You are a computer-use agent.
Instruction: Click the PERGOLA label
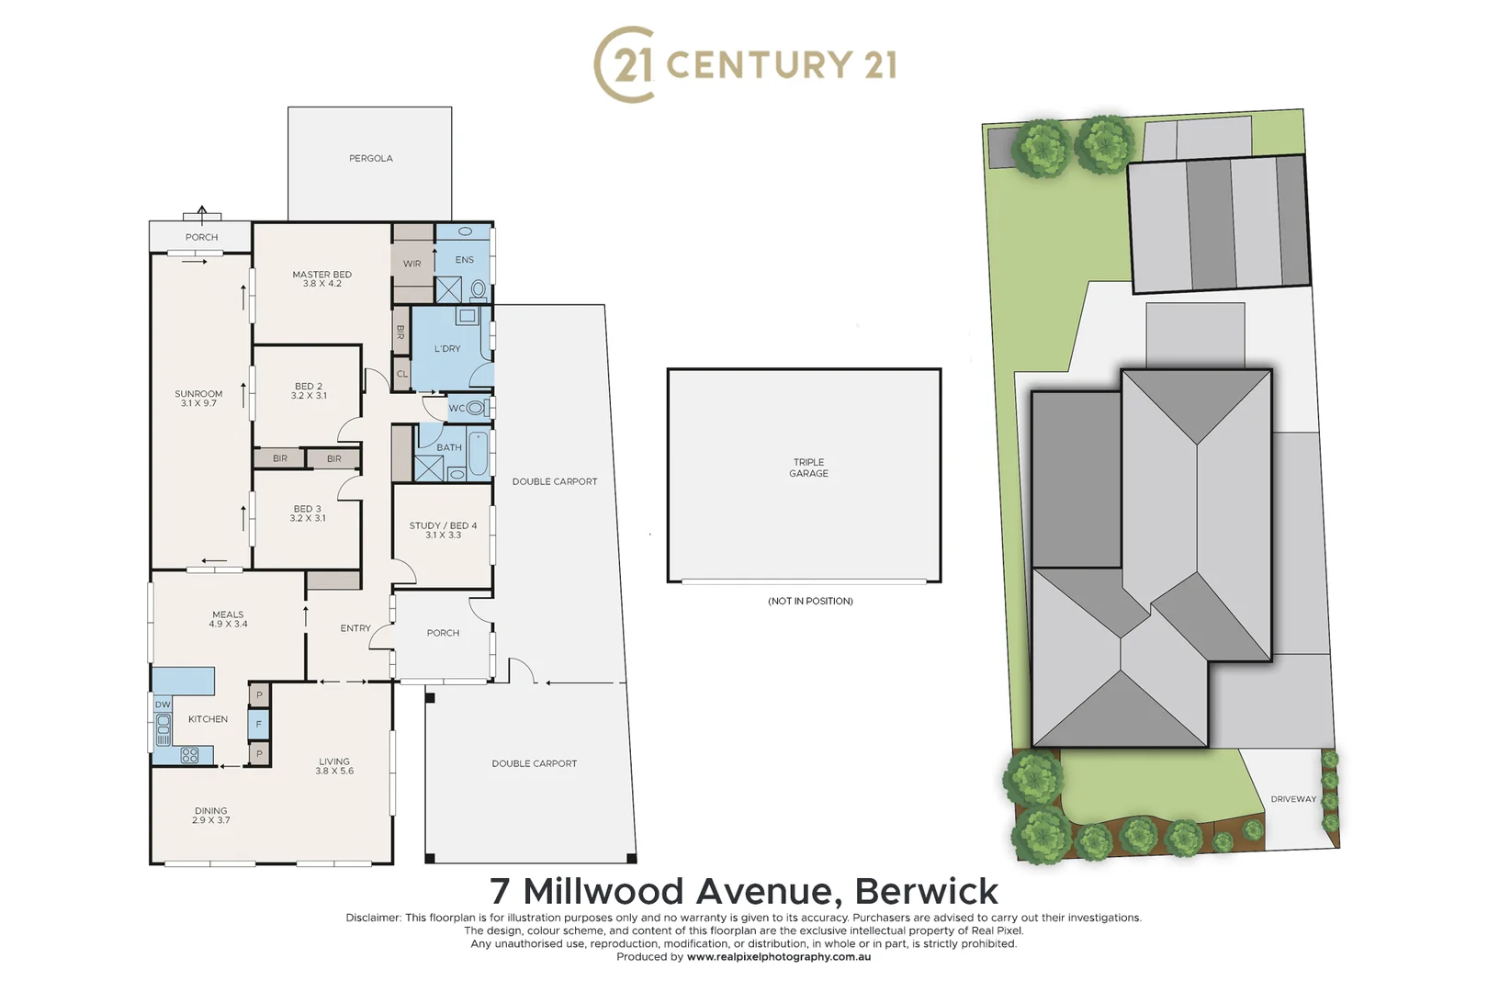tap(370, 159)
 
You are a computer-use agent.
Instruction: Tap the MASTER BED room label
tap(321, 275)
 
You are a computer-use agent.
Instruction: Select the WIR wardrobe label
tap(411, 264)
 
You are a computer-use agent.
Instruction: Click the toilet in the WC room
tap(475, 408)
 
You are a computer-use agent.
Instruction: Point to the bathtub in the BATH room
tap(478, 454)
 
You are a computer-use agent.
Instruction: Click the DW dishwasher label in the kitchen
tap(163, 705)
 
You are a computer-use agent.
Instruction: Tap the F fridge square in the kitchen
tap(259, 725)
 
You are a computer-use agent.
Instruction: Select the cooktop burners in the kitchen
tap(190, 756)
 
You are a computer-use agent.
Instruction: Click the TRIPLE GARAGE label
tap(808, 468)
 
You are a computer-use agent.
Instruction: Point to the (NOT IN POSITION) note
tap(810, 602)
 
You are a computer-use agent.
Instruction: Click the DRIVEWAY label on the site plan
tap(1293, 799)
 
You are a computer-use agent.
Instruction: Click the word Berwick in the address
tap(926, 891)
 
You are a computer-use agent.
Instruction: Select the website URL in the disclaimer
tap(778, 957)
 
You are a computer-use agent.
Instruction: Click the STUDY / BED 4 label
tap(443, 525)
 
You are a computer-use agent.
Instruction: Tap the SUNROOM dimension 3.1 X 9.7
tap(198, 403)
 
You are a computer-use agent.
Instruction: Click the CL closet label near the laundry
tap(402, 374)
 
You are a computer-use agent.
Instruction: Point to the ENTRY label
tap(355, 628)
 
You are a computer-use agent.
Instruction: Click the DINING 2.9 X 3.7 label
tap(211, 816)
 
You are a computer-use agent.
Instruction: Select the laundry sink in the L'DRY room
tap(468, 316)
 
